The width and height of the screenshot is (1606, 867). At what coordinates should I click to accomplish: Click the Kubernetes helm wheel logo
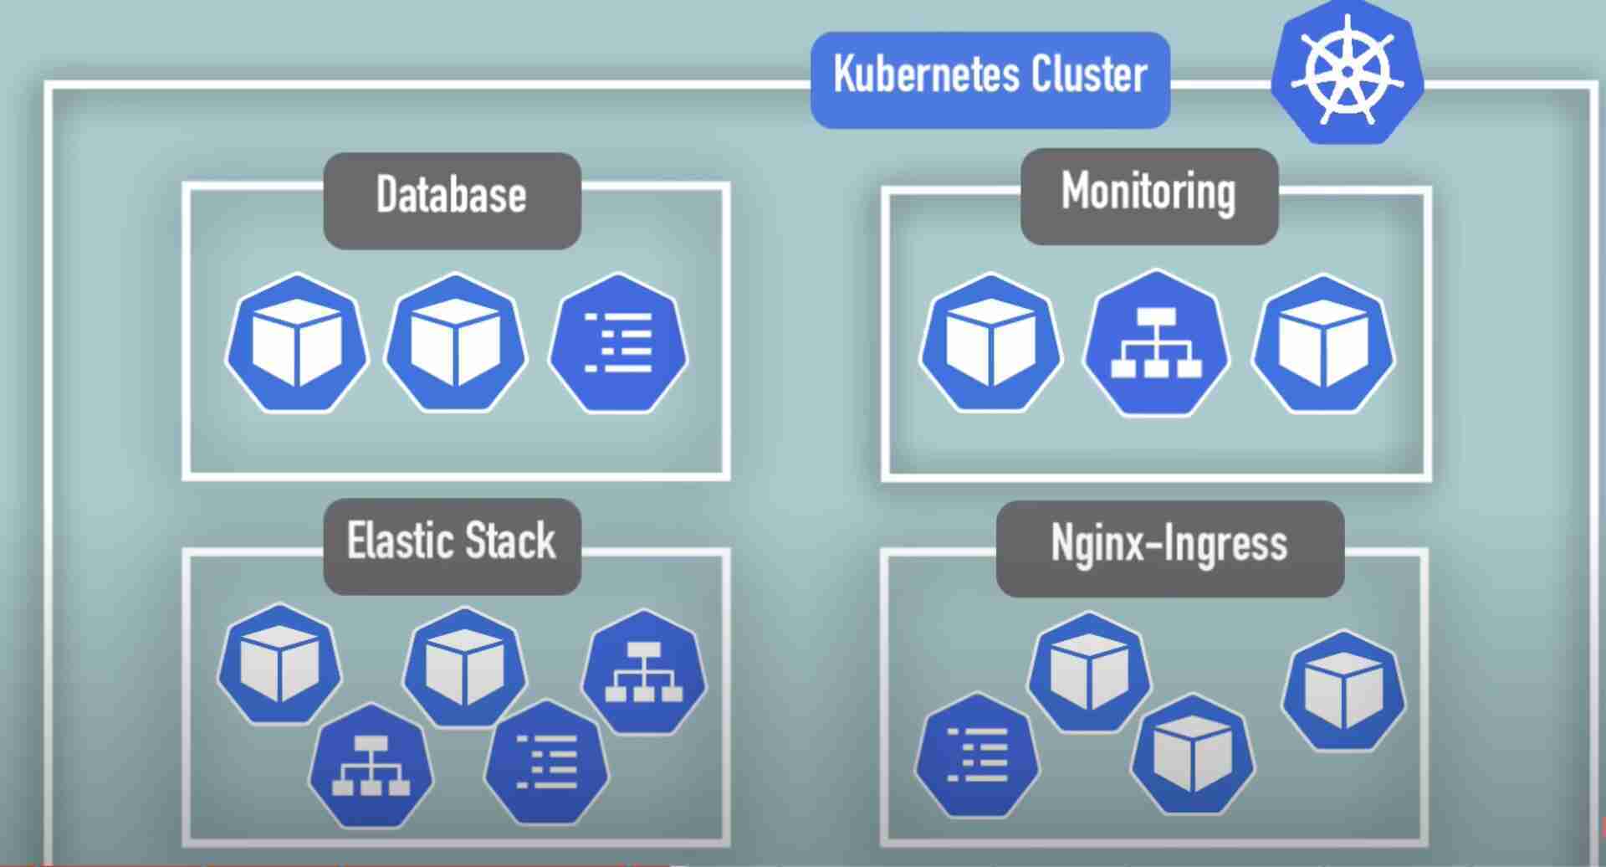click(1347, 74)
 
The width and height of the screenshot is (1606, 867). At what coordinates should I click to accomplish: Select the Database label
click(452, 196)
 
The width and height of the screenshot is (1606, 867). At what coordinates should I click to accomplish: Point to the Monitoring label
click(1148, 192)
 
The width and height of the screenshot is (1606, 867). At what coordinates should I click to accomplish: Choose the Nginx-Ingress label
click(1169, 544)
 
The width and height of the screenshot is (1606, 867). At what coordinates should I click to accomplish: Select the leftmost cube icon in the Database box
click(297, 343)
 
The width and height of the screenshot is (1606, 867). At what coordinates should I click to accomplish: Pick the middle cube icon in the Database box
click(456, 343)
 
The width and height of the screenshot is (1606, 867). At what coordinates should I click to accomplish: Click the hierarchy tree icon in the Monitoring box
click(1156, 343)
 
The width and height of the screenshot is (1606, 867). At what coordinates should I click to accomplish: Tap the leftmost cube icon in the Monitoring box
click(991, 343)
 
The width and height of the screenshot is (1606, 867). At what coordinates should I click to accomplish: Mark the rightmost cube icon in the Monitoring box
click(1323, 343)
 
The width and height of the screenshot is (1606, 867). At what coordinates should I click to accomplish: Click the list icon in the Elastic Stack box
click(547, 762)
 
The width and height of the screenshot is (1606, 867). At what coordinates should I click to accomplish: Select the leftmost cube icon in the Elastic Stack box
click(279, 664)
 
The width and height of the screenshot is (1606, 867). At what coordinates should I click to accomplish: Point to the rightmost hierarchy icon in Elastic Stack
click(643, 672)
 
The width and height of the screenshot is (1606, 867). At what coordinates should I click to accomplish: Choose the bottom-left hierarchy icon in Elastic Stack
click(371, 765)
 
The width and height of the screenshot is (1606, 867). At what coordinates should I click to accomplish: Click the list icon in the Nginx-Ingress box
click(977, 755)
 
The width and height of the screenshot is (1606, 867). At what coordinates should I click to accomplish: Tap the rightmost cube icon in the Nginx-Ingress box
click(1343, 691)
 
